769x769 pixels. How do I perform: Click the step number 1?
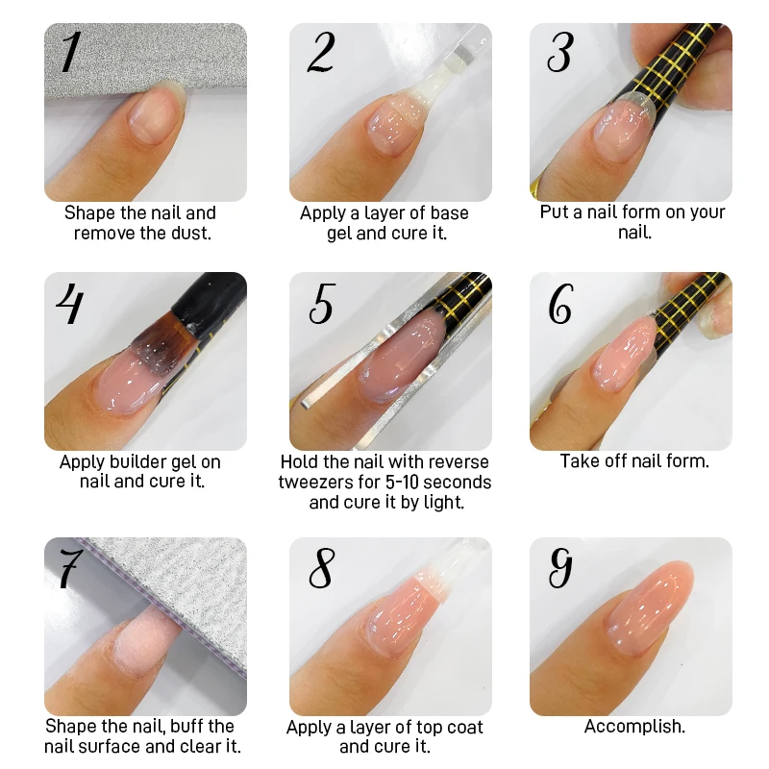68,52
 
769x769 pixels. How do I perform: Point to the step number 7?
68,569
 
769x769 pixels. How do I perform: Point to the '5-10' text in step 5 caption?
405,482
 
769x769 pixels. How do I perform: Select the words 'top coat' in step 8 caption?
450,728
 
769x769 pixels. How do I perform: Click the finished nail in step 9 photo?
639,621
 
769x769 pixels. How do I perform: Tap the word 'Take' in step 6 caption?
579,461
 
